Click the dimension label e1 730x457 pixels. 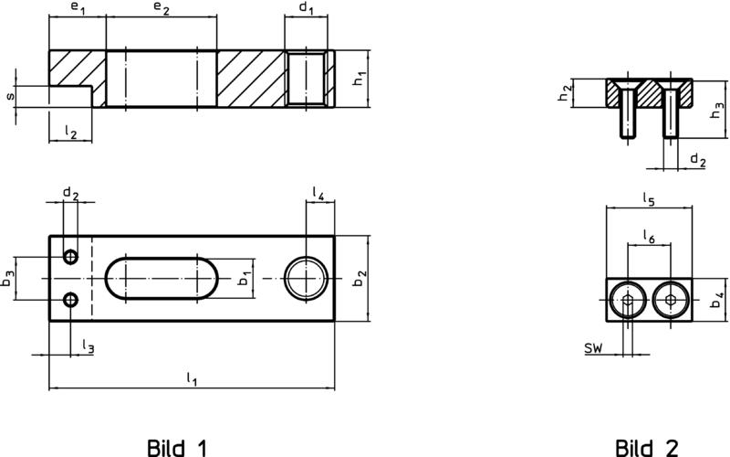78,9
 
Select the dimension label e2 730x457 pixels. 162,9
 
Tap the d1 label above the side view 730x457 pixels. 306,8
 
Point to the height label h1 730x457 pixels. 359,78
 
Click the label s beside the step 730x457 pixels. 10,97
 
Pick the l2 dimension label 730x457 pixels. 70,133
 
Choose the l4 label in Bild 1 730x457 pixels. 318,193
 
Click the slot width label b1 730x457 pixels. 245,279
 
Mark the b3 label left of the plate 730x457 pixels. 7,279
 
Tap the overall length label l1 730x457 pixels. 192,378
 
